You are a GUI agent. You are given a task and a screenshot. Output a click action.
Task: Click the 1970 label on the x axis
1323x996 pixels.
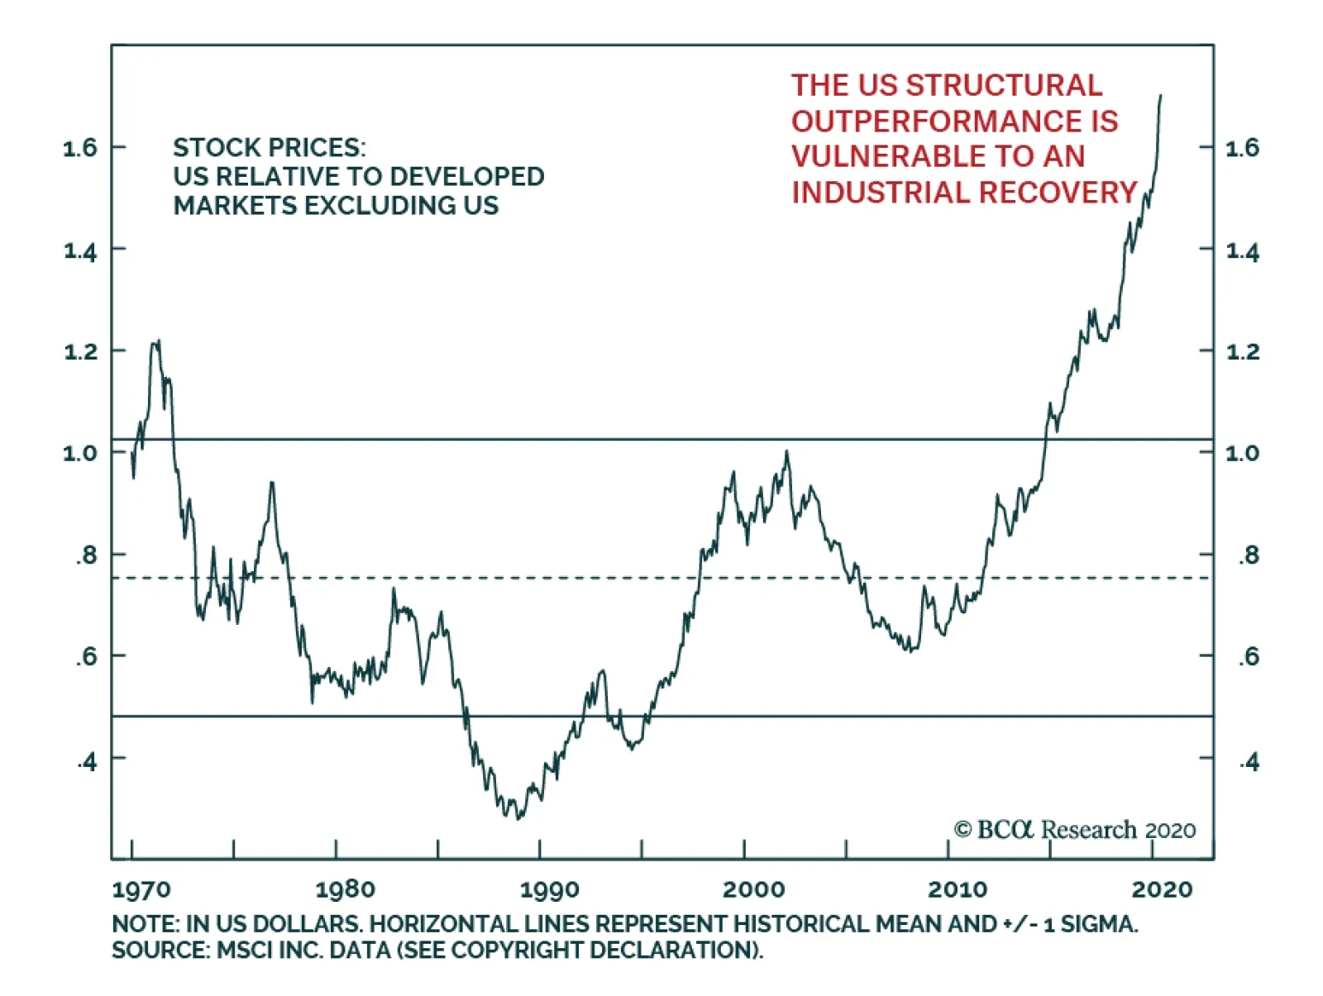141,889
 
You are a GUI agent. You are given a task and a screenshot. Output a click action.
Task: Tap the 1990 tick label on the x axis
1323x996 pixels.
549,889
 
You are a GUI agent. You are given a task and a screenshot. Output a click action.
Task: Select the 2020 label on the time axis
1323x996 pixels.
1162,889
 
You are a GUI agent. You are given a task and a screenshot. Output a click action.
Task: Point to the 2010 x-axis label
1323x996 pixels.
958,889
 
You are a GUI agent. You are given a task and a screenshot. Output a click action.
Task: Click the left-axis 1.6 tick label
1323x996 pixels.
80,148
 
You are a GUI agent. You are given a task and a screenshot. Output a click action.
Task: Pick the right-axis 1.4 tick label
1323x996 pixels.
1242,251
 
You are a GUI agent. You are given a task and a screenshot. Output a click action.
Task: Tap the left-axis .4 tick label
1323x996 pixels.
87,760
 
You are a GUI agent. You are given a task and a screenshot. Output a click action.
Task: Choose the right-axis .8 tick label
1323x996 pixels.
1248,555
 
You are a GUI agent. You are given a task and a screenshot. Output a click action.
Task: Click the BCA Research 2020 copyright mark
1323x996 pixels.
1074,829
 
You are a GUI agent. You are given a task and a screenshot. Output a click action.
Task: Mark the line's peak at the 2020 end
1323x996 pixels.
1160,96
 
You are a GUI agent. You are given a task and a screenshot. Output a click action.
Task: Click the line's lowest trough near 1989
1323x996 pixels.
518,818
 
